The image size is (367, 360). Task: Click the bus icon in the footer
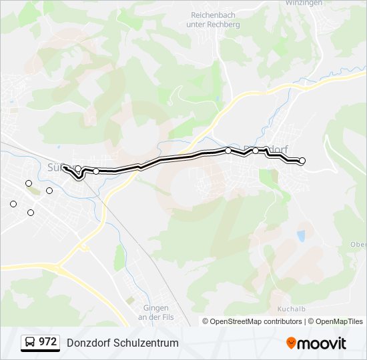tap(30, 343)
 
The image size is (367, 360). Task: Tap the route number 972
tap(47, 342)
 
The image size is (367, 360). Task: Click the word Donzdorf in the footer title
tap(87, 343)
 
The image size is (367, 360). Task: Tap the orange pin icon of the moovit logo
tap(291, 343)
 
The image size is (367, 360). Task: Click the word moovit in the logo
tap(321, 343)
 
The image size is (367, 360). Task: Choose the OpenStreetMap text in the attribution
tap(236, 321)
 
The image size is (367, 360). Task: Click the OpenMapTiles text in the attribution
tap(340, 321)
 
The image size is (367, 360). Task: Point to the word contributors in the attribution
tap(282, 321)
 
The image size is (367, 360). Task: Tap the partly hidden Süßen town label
tap(54, 165)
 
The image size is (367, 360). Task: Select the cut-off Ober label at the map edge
tap(358, 244)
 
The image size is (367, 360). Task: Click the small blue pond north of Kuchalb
tap(302, 235)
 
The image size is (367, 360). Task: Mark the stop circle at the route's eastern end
tap(302, 161)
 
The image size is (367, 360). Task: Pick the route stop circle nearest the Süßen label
tap(78, 169)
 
